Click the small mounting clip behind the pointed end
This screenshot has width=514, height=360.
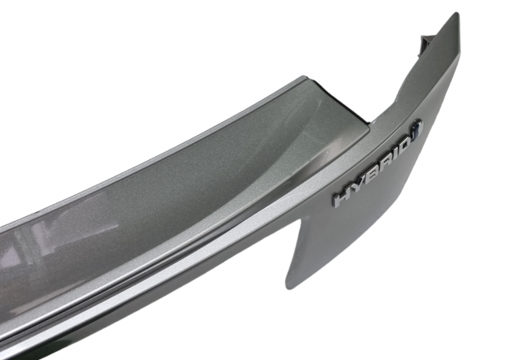425,44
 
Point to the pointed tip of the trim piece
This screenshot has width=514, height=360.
456,13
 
